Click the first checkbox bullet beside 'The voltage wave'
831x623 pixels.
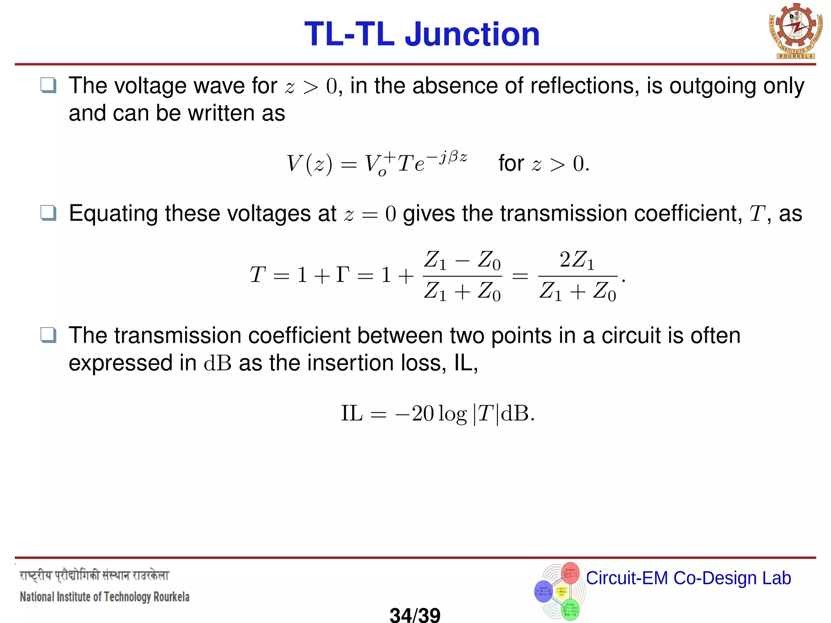click(49, 86)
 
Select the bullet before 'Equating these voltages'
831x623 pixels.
click(49, 213)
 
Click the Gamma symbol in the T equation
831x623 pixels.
click(343, 275)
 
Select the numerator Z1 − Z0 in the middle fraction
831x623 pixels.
click(462, 260)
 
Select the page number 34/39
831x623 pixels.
click(415, 615)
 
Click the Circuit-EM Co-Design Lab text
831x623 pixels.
click(688, 578)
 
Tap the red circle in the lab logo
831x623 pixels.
click(570, 573)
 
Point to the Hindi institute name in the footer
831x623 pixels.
click(94, 576)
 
